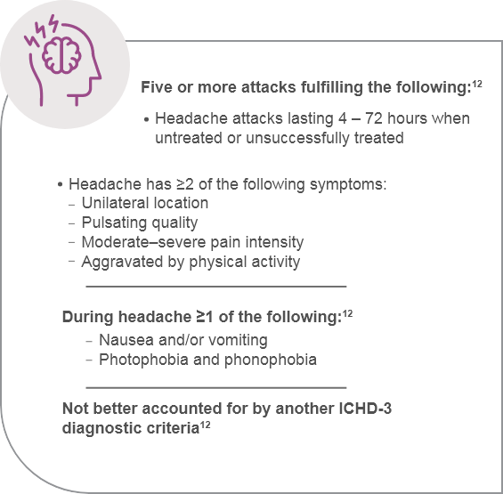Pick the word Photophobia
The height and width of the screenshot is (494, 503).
(x=141, y=360)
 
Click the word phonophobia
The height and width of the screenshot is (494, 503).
(x=272, y=360)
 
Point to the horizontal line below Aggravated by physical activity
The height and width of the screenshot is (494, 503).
(x=215, y=287)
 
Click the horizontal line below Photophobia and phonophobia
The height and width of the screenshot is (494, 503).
(x=215, y=387)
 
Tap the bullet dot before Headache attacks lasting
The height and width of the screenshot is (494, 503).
(x=146, y=119)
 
